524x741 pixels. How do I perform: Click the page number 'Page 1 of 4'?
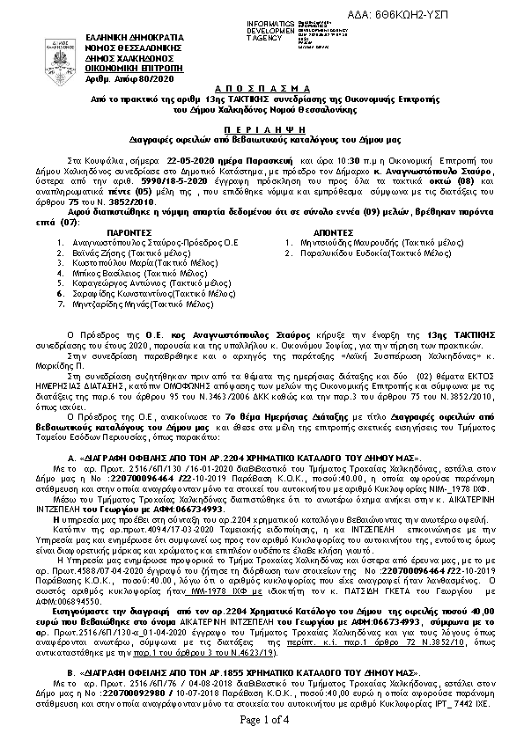[264, 722]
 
